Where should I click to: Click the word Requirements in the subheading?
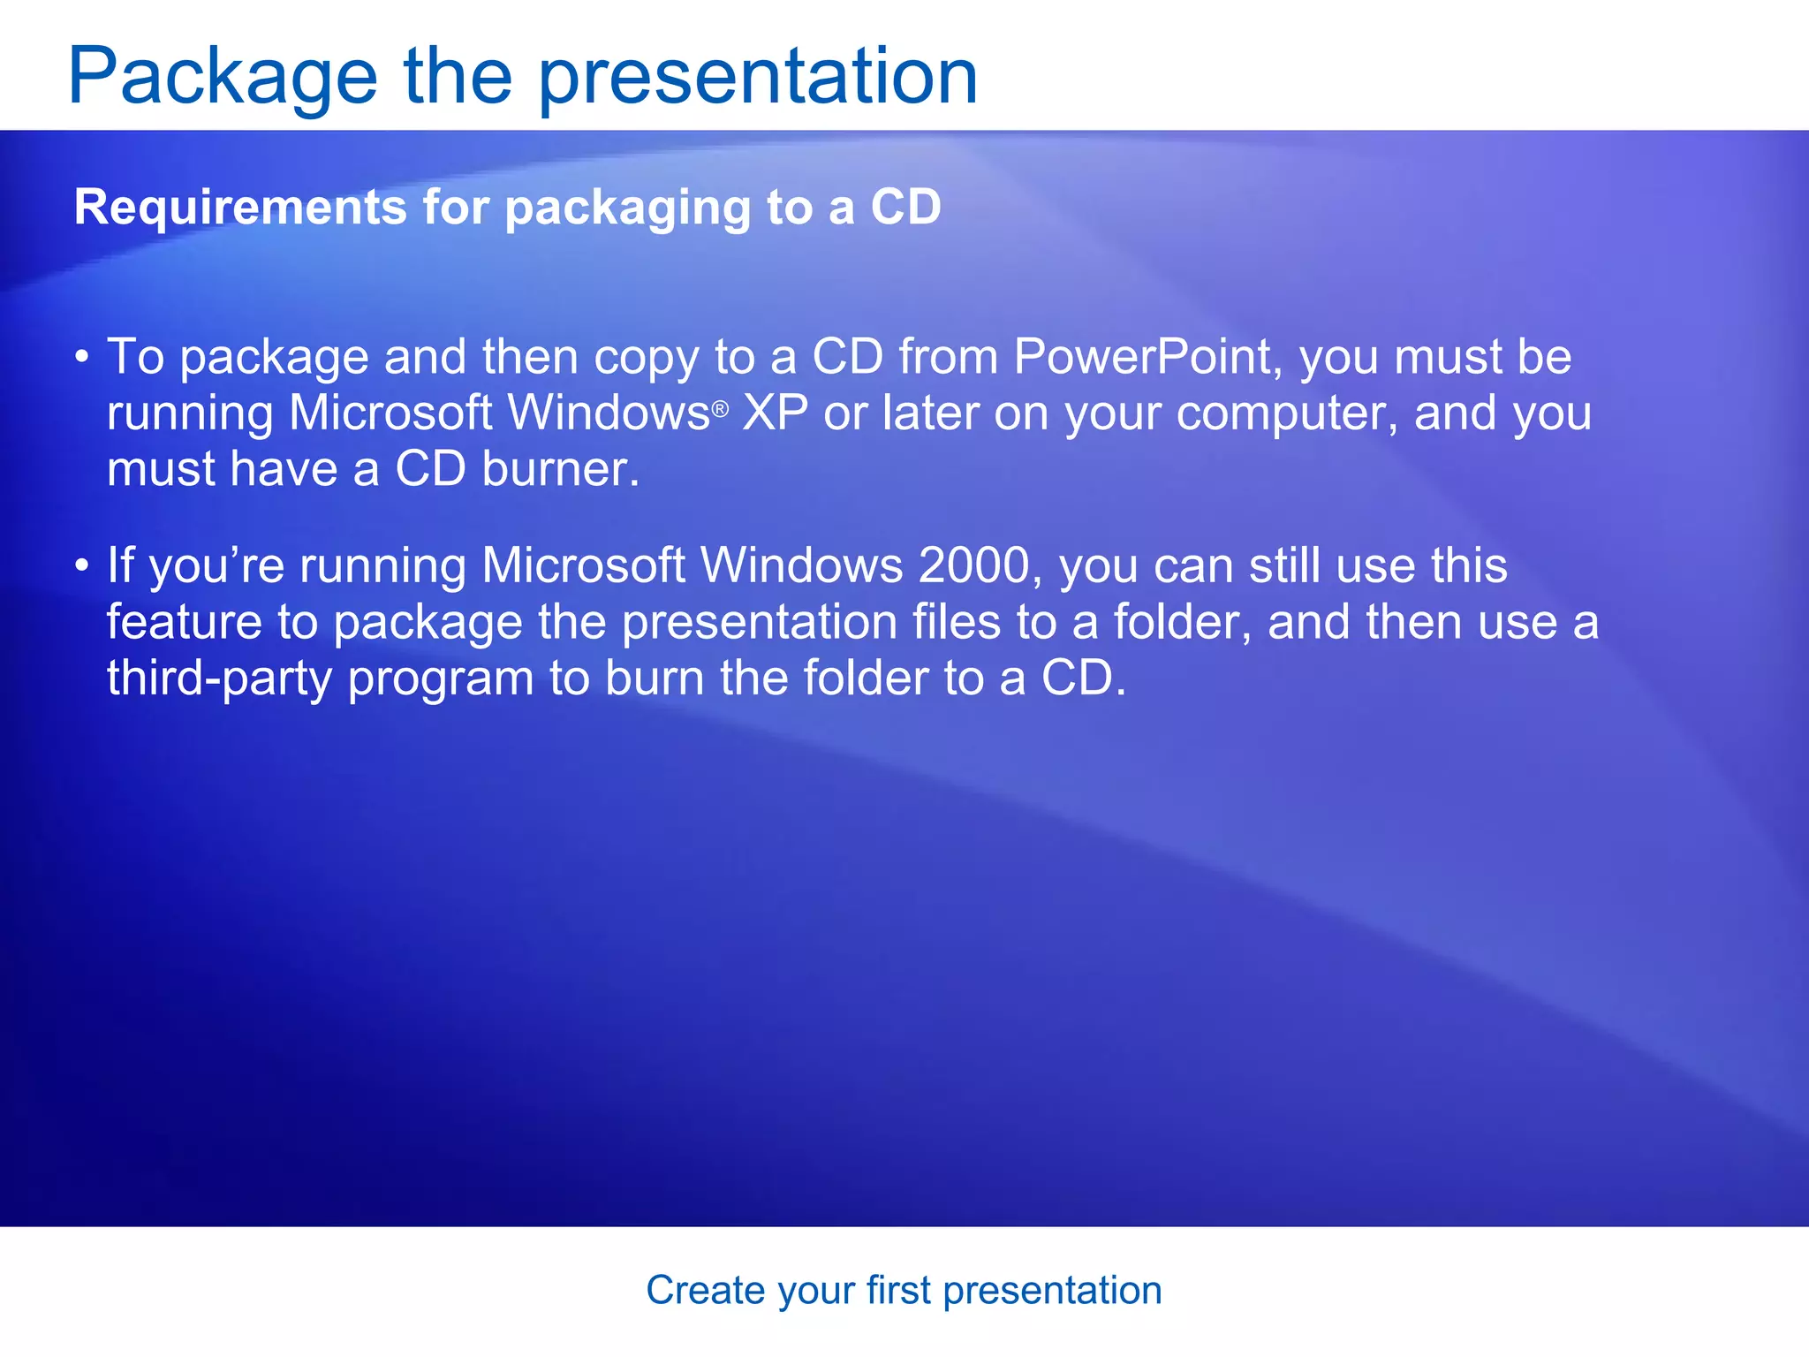238,208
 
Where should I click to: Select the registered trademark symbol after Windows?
720,409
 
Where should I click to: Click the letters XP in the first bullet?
775,413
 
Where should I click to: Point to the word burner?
560,469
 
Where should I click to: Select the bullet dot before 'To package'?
82,358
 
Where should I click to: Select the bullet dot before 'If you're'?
82,565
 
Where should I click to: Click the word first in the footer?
898,1291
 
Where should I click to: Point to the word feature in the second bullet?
184,622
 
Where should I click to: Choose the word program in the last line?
441,680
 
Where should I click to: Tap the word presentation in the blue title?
758,78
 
